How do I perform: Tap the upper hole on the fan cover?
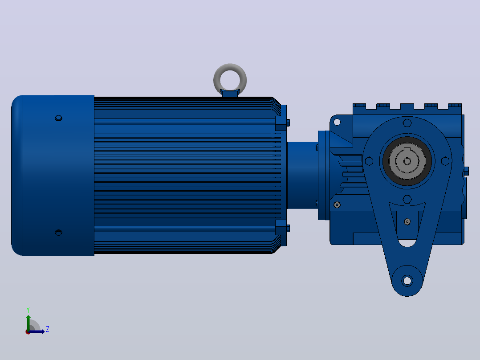[x=58, y=118]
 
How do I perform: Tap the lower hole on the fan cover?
[x=58, y=233]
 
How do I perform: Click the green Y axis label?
[x=28, y=310]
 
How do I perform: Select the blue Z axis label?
[x=48, y=329]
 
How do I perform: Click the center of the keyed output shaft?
[x=407, y=161]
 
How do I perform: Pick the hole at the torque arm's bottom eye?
[x=407, y=280]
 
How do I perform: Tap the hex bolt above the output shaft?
[x=407, y=123]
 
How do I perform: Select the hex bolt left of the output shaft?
[x=369, y=161]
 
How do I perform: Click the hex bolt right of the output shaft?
[x=445, y=161]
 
